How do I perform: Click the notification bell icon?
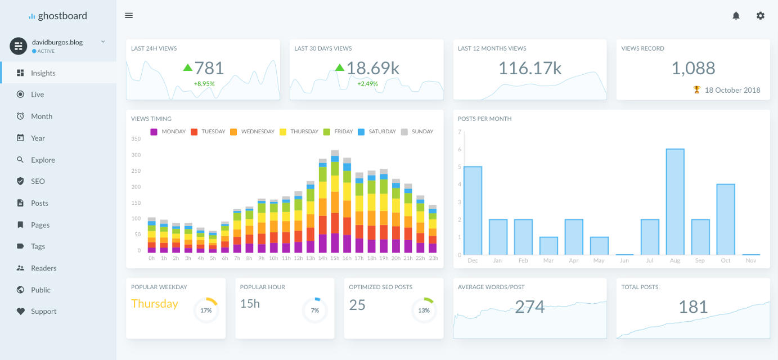pos(736,16)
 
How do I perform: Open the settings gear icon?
pos(760,16)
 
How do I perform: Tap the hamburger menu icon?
pos(129,15)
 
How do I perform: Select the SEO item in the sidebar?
pos(38,181)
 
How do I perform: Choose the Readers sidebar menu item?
pos(43,268)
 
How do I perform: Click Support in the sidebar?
pos(43,312)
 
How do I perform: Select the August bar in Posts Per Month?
pos(674,202)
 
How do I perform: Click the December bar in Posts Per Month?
pos(473,210)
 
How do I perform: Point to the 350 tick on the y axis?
pos(136,139)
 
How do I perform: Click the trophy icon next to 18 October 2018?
pos(696,90)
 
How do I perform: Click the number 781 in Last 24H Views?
pos(209,68)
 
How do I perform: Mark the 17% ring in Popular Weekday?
pos(206,310)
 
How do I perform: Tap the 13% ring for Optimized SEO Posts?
pos(424,310)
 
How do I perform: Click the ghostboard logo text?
pos(62,16)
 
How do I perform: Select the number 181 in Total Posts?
pos(692,307)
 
